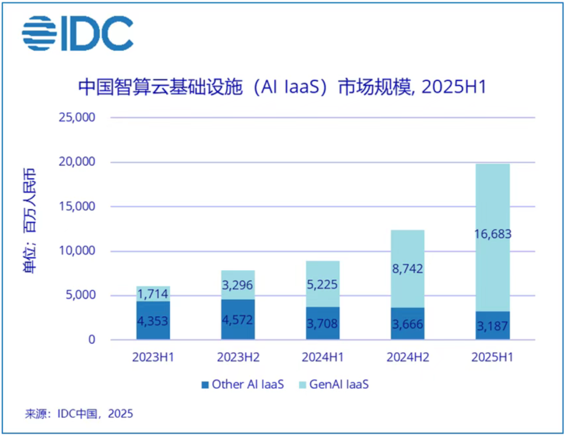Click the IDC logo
tap(77, 34)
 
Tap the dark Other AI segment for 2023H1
tap(153, 320)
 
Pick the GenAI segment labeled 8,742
tap(408, 268)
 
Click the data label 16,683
tap(493, 234)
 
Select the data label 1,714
tap(153, 294)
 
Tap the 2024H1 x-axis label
tap(322, 358)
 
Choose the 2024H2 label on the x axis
tap(408, 358)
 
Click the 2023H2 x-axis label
tap(238, 358)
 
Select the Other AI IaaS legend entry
tap(242, 385)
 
